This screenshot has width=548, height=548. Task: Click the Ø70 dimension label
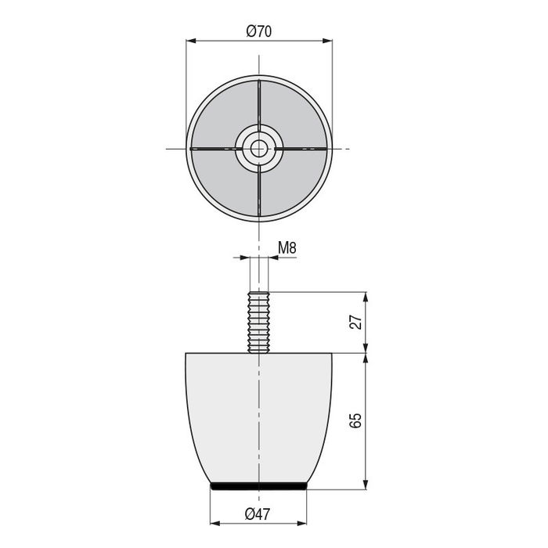[x=258, y=32]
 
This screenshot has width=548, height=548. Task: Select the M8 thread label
[x=287, y=248]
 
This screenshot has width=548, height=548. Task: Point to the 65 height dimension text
[x=357, y=420]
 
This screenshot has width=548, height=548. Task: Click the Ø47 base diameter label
[x=258, y=514]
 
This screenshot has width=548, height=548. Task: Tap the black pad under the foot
[x=259, y=486]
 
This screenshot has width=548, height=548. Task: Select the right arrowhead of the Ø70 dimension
[x=328, y=41]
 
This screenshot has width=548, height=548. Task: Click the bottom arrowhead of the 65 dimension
[x=366, y=485]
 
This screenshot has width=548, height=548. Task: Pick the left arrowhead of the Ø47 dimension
[x=215, y=523]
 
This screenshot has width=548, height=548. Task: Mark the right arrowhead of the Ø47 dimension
[x=303, y=523]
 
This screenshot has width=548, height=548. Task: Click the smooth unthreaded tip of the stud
[x=259, y=274]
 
